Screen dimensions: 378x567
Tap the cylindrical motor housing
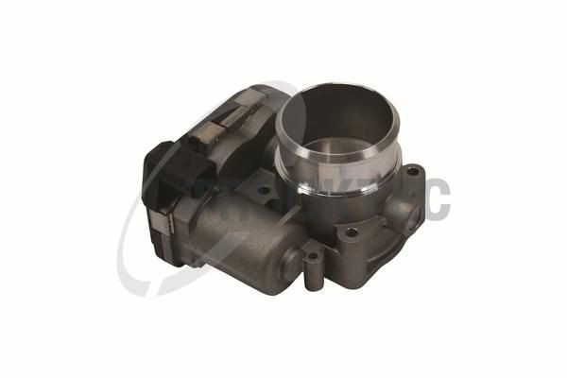click(x=236, y=227)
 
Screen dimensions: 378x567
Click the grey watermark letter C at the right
click(x=436, y=198)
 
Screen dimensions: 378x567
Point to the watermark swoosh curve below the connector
click(x=132, y=269)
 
